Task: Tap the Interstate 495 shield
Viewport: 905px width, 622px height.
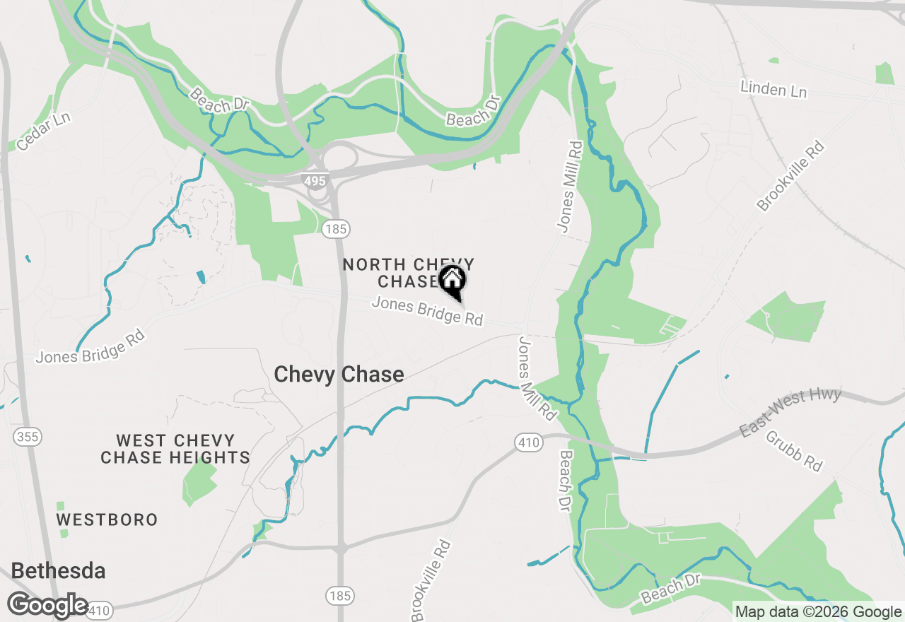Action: point(315,181)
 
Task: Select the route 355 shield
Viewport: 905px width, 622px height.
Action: point(28,437)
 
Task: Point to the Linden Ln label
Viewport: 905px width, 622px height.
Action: point(773,90)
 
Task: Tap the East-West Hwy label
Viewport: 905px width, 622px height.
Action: point(790,412)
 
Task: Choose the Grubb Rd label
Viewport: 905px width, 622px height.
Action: point(795,451)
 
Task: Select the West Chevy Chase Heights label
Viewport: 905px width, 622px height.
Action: point(175,449)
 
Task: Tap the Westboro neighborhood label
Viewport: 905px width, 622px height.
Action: point(107,520)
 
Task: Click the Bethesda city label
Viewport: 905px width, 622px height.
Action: point(59,571)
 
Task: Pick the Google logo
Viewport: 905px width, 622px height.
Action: point(48,606)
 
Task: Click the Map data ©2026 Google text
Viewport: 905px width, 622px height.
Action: point(818,612)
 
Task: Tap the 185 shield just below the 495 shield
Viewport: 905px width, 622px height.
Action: point(336,228)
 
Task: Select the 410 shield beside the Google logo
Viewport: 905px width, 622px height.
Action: point(100,610)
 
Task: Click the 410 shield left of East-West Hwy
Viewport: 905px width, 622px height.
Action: point(528,443)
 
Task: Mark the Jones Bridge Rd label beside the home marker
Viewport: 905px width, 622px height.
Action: point(427,312)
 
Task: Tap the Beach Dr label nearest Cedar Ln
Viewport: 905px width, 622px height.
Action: point(220,100)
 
